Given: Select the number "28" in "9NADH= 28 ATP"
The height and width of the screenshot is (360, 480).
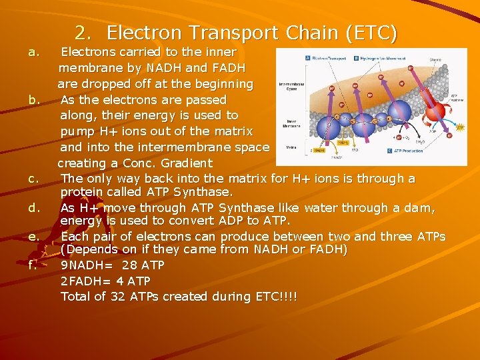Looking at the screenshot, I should pyautogui.click(x=121, y=265).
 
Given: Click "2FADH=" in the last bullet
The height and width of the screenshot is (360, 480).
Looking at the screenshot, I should pyautogui.click(x=87, y=281).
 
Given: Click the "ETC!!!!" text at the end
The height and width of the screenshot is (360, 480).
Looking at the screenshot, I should pyautogui.click(x=275, y=297).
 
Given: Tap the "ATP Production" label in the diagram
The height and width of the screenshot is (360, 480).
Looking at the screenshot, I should pyautogui.click(x=404, y=151).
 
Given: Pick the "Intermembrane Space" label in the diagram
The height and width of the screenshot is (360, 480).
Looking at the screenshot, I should pyautogui.click(x=291, y=87).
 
